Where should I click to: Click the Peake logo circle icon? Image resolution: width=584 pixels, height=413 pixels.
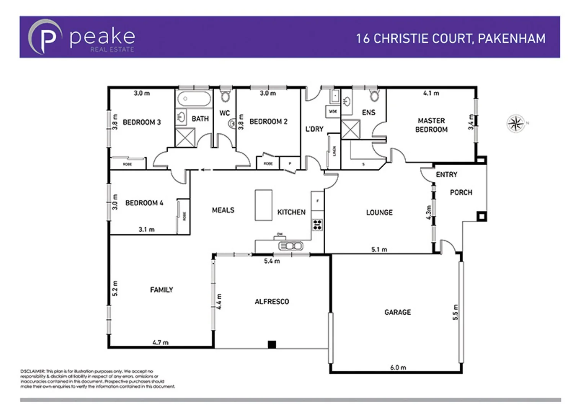45,37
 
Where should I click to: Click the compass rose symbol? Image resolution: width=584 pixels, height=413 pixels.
516,123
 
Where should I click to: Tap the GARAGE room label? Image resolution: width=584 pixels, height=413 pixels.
398,312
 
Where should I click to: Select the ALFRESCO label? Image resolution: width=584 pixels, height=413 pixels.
272,301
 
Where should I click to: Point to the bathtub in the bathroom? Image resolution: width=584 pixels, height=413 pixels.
194,99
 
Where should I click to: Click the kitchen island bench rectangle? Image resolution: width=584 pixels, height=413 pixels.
263,205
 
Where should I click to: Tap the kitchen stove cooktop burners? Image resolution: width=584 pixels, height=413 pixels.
317,224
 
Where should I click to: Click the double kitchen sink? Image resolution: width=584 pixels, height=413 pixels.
290,246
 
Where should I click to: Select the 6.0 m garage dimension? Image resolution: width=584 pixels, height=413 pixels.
398,367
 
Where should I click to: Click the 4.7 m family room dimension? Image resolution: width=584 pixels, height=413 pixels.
160,342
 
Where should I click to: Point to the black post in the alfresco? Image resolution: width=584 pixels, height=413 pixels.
272,345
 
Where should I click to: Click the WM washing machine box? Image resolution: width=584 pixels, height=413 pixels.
333,111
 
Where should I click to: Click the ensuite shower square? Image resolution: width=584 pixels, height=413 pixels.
351,129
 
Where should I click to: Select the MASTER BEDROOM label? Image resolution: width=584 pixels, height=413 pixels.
431,125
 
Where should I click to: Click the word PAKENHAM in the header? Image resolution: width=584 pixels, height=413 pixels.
512,39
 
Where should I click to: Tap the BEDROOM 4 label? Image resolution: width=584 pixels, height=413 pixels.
144,203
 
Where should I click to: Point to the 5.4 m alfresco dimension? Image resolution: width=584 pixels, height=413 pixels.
272,261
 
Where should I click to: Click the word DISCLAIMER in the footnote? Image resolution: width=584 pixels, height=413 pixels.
33,371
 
